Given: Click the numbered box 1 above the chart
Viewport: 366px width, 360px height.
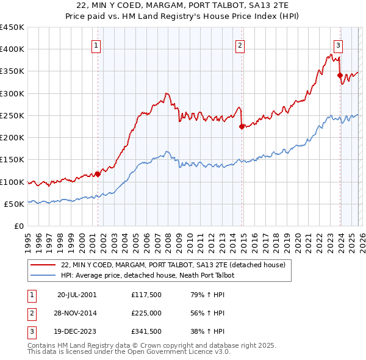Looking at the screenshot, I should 97,45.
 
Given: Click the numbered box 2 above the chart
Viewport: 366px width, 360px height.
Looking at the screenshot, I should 240,45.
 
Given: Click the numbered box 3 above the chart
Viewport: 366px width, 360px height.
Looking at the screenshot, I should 338,45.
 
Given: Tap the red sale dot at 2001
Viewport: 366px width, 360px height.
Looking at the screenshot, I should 98,174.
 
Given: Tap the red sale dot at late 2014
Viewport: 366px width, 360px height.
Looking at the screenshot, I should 242,127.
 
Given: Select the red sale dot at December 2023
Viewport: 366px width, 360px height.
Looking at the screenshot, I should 340,75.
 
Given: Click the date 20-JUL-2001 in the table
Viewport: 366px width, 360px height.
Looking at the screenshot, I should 77,295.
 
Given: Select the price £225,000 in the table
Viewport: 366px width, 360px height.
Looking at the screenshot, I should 146,313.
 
